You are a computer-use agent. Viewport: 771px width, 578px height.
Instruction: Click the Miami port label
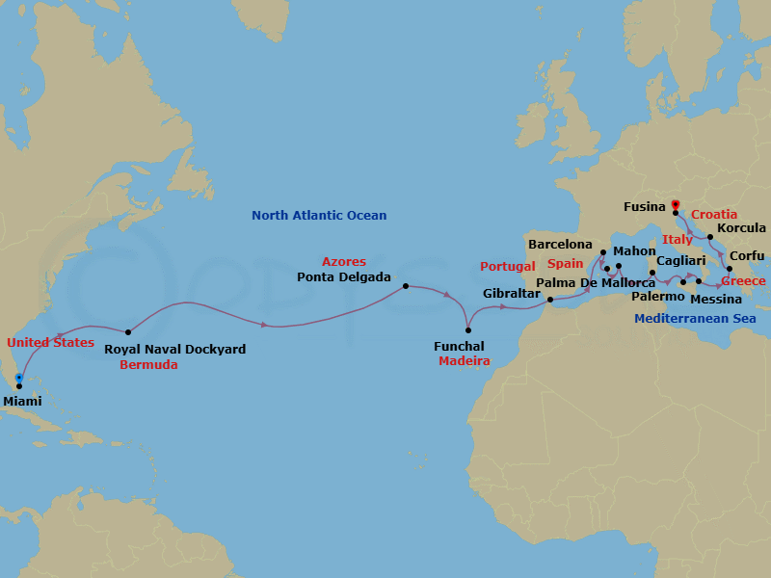[23, 401]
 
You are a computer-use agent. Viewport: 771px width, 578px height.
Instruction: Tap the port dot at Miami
[19, 386]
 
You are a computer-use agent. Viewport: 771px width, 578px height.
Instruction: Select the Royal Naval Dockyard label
[174, 350]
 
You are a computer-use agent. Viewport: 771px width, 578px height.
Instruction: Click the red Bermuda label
[148, 365]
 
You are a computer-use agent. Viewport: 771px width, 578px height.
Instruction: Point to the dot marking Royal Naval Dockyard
[128, 332]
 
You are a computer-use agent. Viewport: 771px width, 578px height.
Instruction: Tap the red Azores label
[344, 262]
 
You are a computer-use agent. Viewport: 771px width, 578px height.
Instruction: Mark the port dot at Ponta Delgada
[406, 286]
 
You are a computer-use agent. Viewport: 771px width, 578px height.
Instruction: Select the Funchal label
[458, 346]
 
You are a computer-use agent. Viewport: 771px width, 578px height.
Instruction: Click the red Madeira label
[465, 361]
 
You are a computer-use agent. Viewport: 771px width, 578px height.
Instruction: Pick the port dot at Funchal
[468, 330]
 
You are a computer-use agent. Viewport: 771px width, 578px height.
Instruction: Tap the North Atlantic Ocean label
[319, 216]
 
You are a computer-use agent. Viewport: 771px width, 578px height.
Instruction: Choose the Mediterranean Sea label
[695, 318]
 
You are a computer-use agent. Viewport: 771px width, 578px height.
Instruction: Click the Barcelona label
[560, 245]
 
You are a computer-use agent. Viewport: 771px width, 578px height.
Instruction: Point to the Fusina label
[645, 206]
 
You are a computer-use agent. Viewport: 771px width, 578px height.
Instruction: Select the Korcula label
[742, 228]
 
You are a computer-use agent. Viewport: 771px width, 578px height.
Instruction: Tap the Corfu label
[748, 255]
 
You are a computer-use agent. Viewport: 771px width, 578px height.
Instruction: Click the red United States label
[50, 342]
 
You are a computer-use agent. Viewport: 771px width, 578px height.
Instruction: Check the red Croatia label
[714, 214]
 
